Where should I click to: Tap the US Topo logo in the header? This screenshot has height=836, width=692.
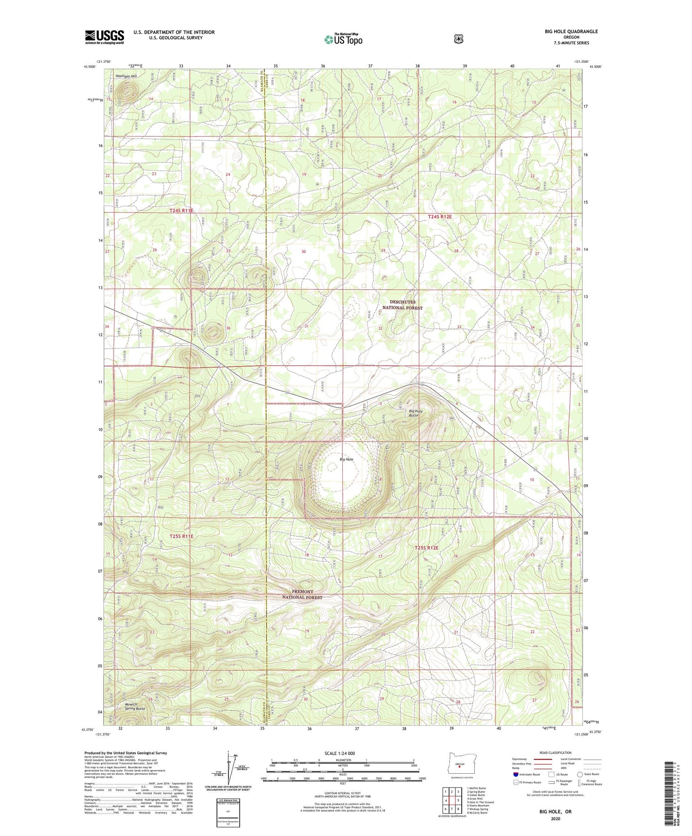343,39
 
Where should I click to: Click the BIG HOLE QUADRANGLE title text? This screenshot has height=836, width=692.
570,31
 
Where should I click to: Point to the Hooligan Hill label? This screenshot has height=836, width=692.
126,76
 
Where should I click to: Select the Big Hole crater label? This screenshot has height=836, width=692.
346,459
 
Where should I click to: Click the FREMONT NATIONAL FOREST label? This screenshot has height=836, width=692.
302,594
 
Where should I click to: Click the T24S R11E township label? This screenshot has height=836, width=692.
181,210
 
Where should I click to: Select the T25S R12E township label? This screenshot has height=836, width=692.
426,547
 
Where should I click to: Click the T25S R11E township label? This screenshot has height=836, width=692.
181,536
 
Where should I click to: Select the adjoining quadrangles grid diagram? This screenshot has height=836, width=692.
452,800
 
